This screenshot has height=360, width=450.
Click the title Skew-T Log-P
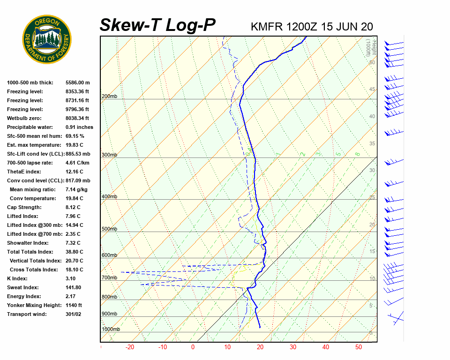[x=157, y=25]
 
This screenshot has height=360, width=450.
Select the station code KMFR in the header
[x=267, y=27]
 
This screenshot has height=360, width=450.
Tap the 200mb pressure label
[x=109, y=97]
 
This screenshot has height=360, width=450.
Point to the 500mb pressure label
[x=109, y=229]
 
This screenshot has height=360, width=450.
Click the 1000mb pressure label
[x=111, y=330]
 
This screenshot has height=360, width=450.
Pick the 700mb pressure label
[x=109, y=278]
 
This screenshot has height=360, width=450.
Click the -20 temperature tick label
[x=130, y=347]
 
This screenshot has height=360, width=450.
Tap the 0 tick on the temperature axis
[x=193, y=347]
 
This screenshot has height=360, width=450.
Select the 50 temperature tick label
[x=359, y=347]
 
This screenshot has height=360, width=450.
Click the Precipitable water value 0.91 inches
[x=79, y=127]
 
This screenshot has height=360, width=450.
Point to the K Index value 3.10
[x=71, y=278]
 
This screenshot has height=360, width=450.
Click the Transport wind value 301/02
[x=74, y=314]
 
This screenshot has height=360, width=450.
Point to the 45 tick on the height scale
[x=372, y=90]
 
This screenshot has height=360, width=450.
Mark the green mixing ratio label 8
[x=357, y=154]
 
